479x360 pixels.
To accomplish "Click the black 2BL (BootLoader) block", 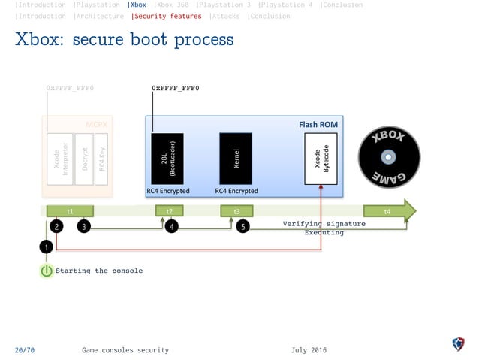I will (167, 159).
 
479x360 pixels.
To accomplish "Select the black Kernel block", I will (236, 159).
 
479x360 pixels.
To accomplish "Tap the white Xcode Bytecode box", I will (321, 159).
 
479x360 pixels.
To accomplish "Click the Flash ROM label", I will (318, 124).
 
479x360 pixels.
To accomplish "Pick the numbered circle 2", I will (57, 225).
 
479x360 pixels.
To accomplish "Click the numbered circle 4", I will (172, 225).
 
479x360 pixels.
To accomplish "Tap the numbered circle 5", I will (243, 225).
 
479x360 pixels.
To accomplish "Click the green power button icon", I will (47, 271).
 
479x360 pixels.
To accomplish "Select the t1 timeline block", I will (70, 212).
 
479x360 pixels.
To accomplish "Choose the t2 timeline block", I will (169, 212).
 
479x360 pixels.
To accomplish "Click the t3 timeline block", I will (236, 212).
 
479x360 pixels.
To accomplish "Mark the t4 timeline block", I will (387, 212).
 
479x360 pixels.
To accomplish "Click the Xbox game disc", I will (388, 158).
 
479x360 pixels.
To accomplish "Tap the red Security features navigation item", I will (167, 16).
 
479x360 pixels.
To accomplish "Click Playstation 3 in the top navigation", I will (223, 5).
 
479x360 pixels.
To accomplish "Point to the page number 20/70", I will (24, 350).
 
